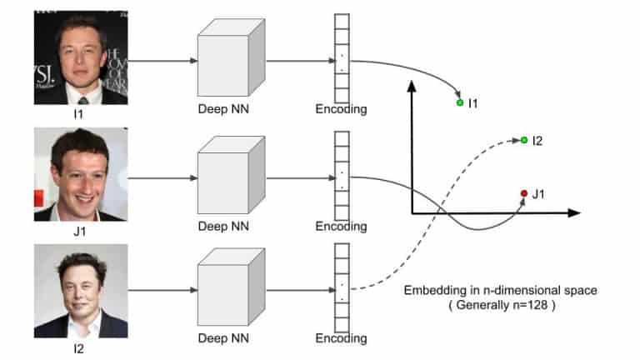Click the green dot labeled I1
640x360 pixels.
pos(460,102)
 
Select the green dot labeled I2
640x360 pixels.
pos(524,140)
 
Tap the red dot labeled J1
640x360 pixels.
pos(524,193)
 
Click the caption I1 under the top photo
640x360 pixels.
pos(78,114)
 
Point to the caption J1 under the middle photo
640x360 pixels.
pos(80,232)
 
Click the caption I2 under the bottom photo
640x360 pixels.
pos(78,348)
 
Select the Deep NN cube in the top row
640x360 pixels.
pos(232,57)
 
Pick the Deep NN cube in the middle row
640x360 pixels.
pos(232,175)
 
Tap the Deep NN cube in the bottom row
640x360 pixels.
pos(232,287)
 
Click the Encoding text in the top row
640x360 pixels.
pos(341,109)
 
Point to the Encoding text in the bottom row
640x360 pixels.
pos(341,338)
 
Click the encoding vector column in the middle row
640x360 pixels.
pos(342,176)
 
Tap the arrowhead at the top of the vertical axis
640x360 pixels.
pos(412,86)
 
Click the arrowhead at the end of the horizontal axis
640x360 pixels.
pos(574,212)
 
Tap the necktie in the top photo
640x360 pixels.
pos(83,100)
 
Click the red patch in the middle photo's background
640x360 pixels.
pos(39,198)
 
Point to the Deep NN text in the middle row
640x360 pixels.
pos(223,226)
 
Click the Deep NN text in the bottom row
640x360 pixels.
pos(223,338)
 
